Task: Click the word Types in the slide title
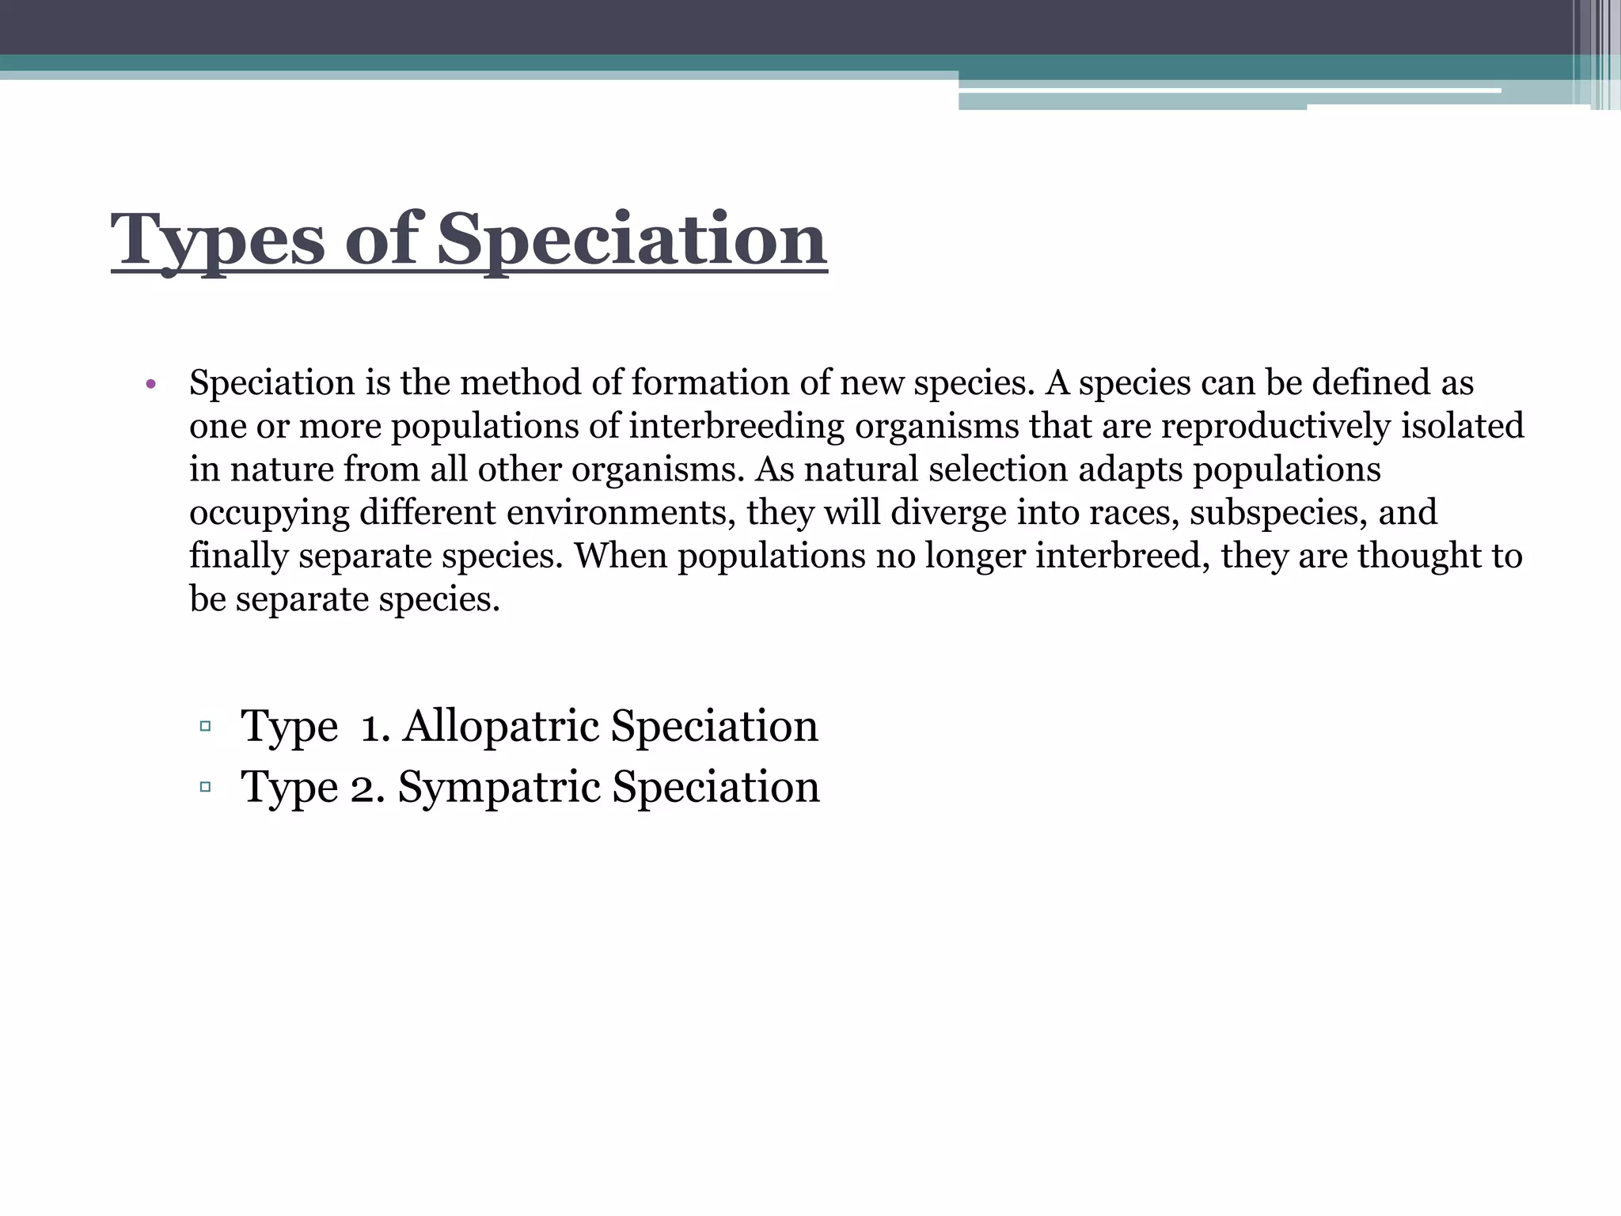[218, 241]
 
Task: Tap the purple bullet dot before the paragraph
[151, 386]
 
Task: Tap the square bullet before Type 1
[206, 726]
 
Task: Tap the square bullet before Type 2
[206, 787]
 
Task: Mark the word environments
[617, 513]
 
